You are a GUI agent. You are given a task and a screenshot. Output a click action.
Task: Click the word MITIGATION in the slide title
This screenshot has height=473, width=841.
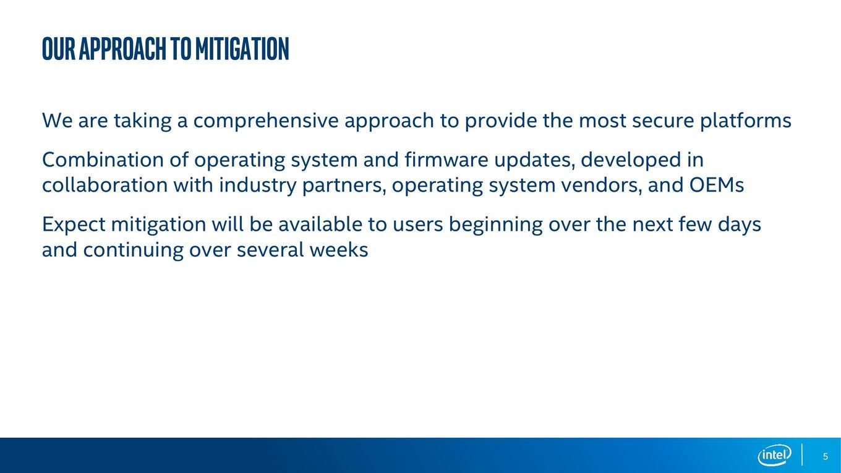242,49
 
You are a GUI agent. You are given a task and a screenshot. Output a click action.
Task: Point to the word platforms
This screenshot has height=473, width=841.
745,121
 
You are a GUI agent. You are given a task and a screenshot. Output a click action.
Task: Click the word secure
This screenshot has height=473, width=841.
663,122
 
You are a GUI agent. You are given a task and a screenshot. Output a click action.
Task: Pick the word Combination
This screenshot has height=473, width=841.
103,160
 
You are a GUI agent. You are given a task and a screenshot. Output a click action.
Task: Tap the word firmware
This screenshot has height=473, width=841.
446,160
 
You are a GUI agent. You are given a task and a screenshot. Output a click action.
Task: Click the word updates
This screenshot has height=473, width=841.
535,161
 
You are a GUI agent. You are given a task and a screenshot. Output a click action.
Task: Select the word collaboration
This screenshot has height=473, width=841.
105,185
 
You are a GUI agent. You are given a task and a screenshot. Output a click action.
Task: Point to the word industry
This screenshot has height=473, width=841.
258,186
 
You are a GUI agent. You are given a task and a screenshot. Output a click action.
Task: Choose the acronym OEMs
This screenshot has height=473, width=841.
716,185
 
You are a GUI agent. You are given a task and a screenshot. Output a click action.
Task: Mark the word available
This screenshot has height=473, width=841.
320,224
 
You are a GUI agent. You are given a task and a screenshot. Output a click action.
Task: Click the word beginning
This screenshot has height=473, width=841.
495,225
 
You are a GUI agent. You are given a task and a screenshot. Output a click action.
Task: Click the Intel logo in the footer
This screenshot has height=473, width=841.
774,455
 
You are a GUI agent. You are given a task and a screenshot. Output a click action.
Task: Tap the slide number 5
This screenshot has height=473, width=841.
825,456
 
